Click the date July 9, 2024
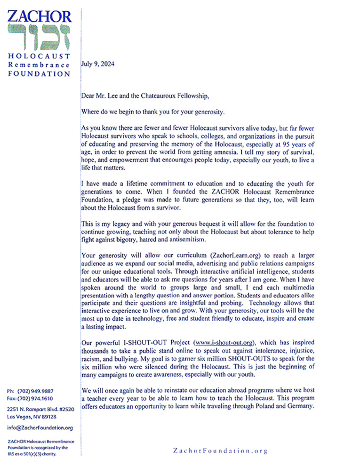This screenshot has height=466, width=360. (x=97, y=64)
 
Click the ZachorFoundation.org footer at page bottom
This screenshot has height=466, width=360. (x=220, y=451)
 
